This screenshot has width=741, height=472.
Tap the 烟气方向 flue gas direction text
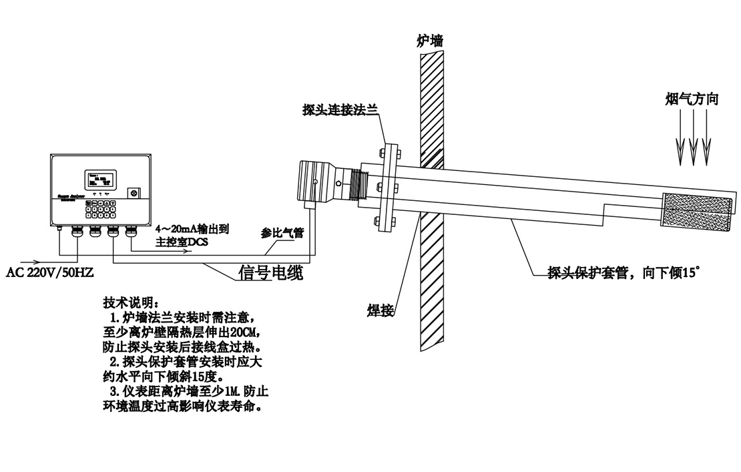[x=692, y=99]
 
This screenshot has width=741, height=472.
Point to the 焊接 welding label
[x=379, y=310]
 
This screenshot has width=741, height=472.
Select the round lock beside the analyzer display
[x=133, y=193]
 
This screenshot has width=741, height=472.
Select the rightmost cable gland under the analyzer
[x=131, y=232]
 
